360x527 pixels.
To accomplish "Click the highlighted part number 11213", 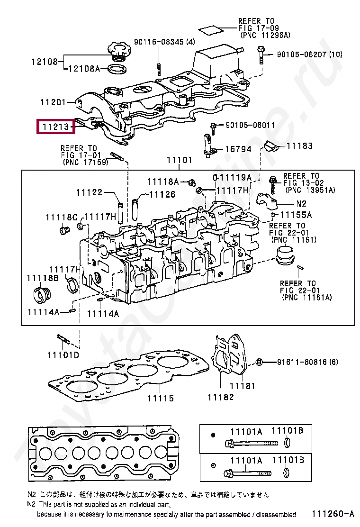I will pyautogui.click(x=56, y=127).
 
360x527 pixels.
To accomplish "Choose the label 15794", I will pyautogui.click(x=238, y=149).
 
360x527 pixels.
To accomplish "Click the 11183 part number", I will pyautogui.click(x=299, y=145).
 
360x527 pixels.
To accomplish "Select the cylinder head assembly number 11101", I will pyautogui.click(x=179, y=160).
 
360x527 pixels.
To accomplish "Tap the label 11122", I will pyautogui.click(x=89, y=192).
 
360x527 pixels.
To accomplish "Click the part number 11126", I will pyautogui.click(x=162, y=194).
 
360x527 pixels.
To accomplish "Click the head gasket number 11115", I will pyautogui.click(x=160, y=398).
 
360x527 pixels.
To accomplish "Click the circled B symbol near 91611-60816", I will pyautogui.click(x=259, y=362).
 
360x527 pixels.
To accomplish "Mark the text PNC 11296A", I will pyautogui.click(x=265, y=35).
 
